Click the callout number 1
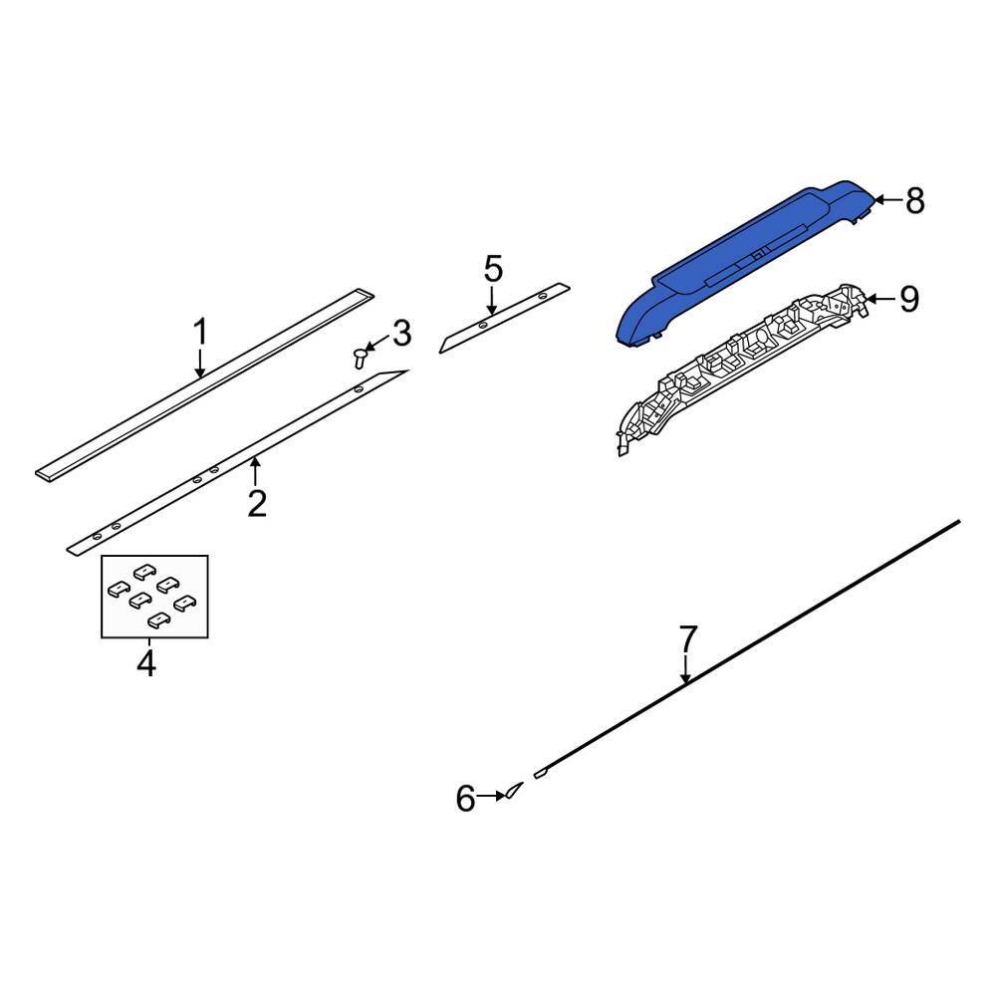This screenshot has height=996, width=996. coord(200,331)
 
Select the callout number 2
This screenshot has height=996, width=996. coord(257,504)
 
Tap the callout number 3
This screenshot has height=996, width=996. coord(400,334)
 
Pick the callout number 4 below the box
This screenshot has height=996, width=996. coord(146,663)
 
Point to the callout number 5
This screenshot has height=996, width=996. coord(493,269)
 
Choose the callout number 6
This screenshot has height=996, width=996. coord(466,798)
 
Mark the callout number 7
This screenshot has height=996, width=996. coord(688,638)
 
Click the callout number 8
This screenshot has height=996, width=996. coord(914,201)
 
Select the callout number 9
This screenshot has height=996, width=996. coord(908,299)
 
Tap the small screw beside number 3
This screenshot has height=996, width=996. coord(359,357)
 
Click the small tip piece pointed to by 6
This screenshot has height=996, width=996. coord(511,792)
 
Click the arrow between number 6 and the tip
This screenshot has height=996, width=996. coord(490,797)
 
